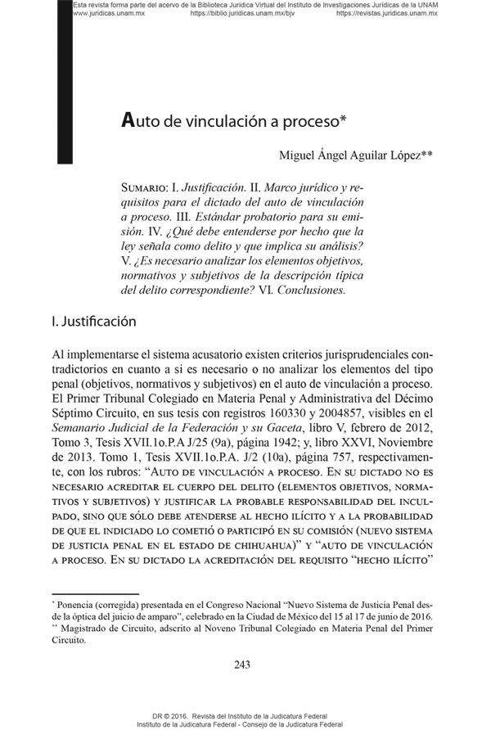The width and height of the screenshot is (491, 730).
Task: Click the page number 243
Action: tap(241, 664)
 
